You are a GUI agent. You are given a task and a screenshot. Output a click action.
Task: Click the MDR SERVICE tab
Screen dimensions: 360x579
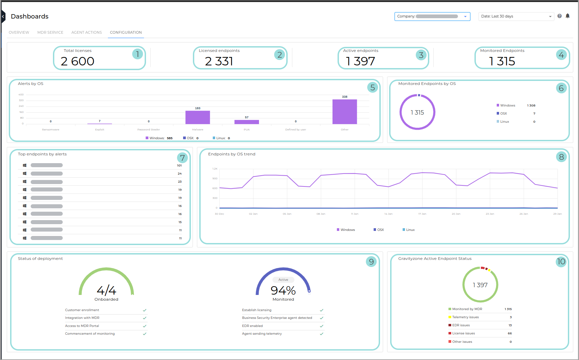click(50, 32)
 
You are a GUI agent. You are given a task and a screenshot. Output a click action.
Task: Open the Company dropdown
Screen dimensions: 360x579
click(432, 16)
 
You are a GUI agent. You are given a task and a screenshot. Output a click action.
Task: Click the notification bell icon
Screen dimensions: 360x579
click(568, 16)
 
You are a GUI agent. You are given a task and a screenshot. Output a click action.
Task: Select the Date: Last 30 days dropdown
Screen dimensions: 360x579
click(516, 16)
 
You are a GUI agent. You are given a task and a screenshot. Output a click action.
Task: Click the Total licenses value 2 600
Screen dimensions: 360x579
click(78, 61)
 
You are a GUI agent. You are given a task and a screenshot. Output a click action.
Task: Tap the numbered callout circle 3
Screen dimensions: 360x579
click(421, 55)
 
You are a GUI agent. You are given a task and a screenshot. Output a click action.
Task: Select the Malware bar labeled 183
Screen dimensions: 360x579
click(198, 117)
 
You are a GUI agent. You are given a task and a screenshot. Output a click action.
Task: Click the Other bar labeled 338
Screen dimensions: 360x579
click(344, 112)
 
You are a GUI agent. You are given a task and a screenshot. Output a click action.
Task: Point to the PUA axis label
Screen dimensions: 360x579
click(247, 129)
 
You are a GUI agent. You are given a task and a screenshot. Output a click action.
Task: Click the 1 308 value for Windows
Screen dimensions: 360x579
click(531, 106)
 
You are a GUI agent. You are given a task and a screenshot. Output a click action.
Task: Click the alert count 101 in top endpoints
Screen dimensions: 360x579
click(179, 166)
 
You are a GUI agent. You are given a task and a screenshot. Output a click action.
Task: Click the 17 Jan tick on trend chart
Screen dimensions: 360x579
click(422, 214)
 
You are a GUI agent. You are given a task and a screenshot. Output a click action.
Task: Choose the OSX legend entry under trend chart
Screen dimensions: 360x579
click(379, 230)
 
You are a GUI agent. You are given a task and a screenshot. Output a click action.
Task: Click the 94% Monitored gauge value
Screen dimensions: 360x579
click(283, 291)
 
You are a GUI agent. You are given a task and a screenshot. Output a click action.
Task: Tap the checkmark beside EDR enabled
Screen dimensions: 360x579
click(321, 326)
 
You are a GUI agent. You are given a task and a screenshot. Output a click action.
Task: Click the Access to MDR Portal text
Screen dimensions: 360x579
click(82, 326)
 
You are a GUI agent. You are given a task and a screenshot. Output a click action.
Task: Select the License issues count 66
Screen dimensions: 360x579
click(510, 333)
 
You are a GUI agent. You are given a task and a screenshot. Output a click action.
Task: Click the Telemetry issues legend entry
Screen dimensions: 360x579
click(465, 317)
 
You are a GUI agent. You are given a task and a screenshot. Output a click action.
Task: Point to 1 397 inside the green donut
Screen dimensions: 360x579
click(480, 285)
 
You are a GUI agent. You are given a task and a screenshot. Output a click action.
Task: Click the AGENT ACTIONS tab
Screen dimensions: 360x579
click(87, 32)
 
